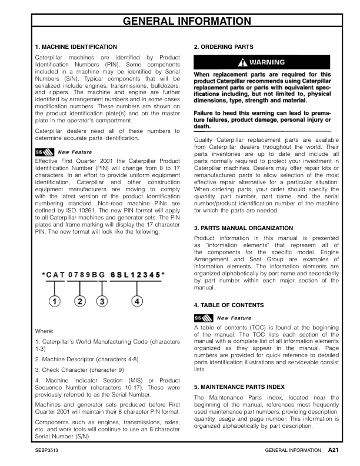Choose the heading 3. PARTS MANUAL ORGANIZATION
click(244, 228)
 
